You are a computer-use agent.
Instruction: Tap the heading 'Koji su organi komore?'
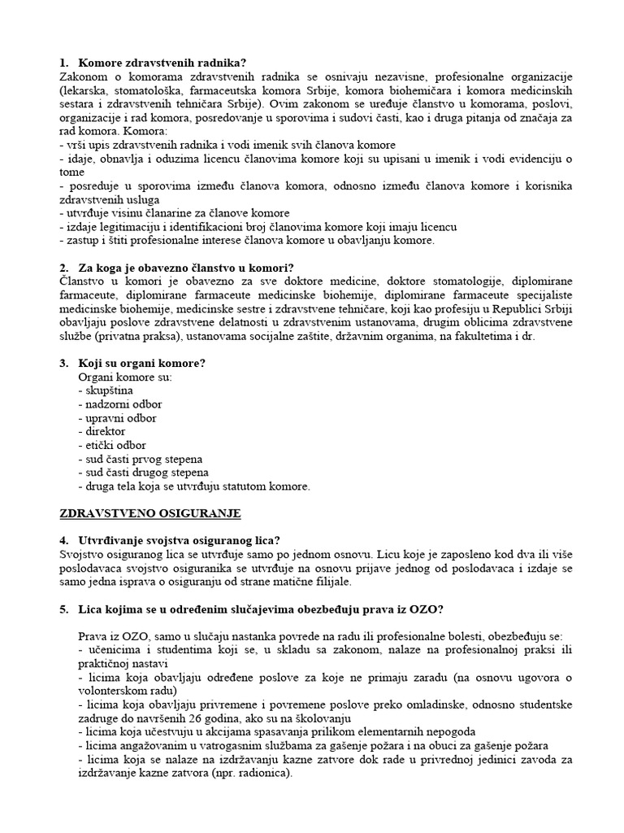[x=141, y=363]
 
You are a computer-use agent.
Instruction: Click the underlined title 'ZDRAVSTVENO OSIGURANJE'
[x=150, y=513]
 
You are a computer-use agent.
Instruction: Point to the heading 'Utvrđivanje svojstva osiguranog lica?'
[x=179, y=540]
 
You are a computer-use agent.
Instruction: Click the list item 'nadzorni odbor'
[x=123, y=404]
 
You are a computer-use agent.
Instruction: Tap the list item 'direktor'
[x=105, y=431]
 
